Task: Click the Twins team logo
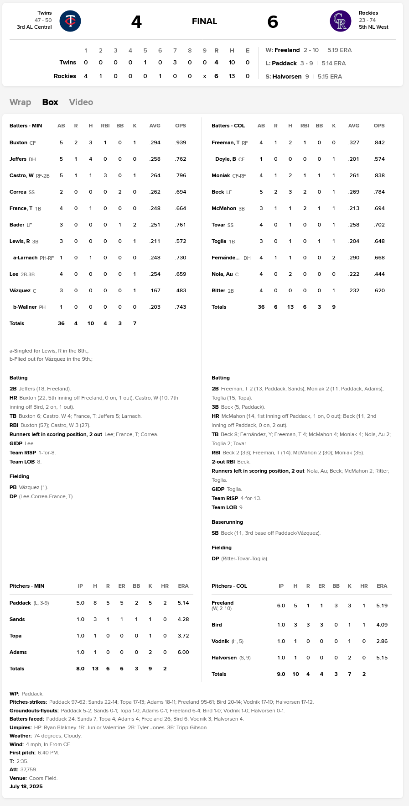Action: click(x=70, y=21)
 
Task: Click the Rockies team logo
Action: click(x=340, y=21)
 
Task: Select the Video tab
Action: click(x=81, y=102)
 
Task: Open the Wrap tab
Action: click(x=20, y=102)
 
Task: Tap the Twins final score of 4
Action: click(x=136, y=21)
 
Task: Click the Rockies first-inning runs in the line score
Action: click(x=86, y=76)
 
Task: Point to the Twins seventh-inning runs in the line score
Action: click(x=175, y=63)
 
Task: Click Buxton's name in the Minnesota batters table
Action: click(x=18, y=142)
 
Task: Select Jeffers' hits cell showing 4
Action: click(x=90, y=159)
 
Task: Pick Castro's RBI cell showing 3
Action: click(x=105, y=175)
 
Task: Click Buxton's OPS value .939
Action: click(x=181, y=142)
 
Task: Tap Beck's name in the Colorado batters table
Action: click(x=217, y=192)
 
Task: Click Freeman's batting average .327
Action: click(x=353, y=142)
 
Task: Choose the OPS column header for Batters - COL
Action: click(x=379, y=126)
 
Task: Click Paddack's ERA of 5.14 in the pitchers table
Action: click(x=183, y=603)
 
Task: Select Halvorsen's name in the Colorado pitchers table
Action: click(x=224, y=658)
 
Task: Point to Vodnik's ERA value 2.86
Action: click(x=382, y=641)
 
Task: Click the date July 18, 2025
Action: click(x=26, y=786)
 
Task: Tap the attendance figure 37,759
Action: click(x=29, y=769)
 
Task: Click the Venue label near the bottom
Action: click(x=18, y=778)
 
